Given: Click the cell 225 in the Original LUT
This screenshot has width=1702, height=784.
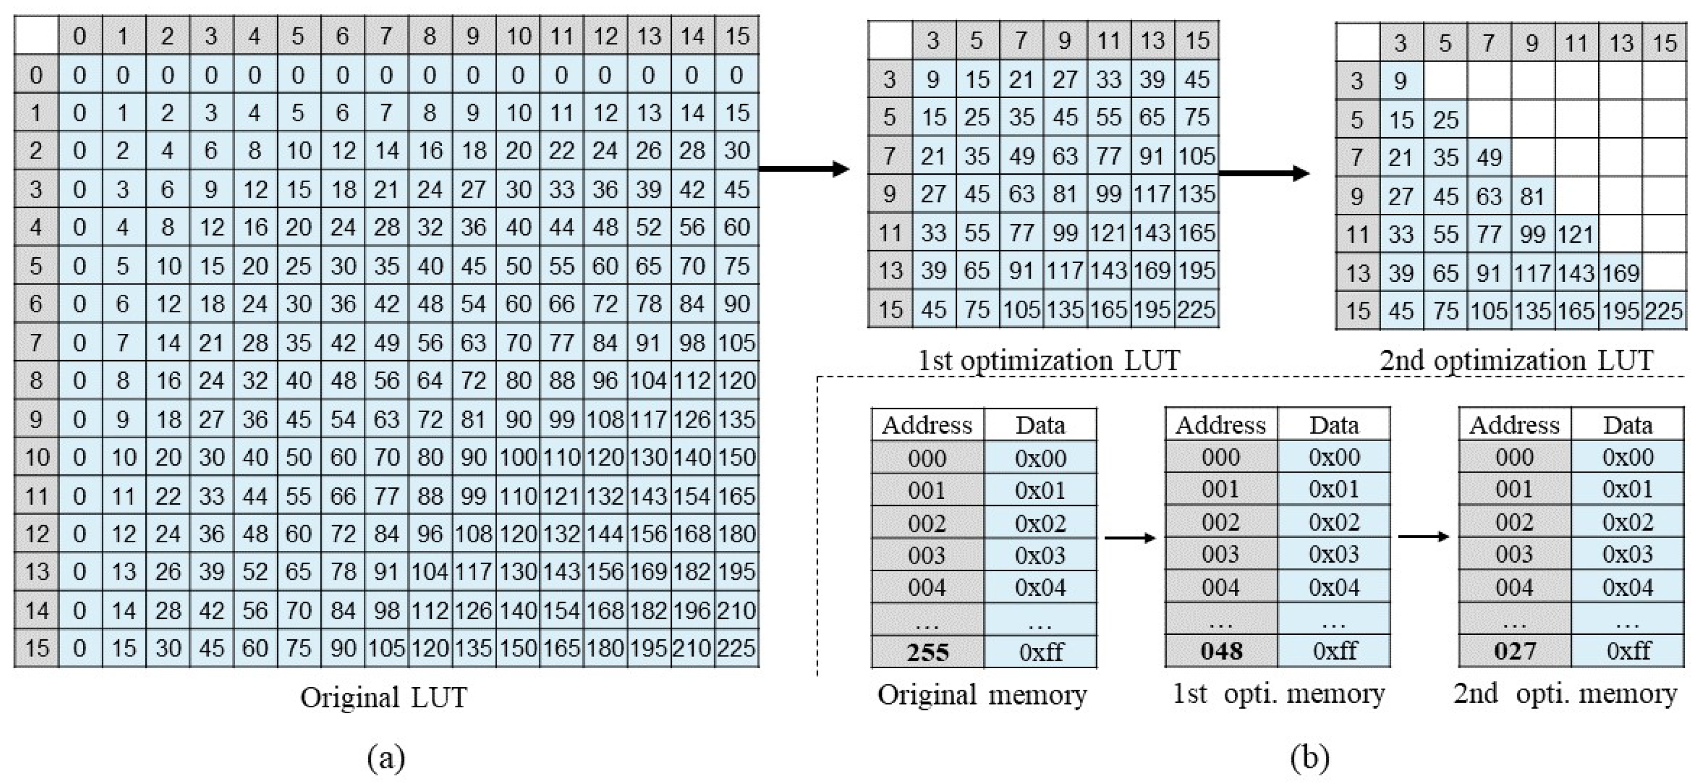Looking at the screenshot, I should tap(736, 648).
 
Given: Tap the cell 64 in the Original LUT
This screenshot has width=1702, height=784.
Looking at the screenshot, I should tap(430, 380).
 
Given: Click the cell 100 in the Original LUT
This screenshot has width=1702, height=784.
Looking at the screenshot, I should tap(518, 457).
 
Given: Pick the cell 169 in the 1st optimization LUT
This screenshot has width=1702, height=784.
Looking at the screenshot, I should tap(1152, 271).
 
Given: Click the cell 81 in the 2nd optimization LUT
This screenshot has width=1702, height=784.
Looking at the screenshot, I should tap(1532, 196).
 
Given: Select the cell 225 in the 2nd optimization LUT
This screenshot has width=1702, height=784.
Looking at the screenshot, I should tap(1663, 311).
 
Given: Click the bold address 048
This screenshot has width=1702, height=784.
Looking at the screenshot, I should tap(1221, 651).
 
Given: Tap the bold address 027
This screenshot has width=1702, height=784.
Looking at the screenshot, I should tap(1514, 651).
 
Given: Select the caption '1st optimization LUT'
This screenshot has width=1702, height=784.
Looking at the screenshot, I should tap(1048, 360).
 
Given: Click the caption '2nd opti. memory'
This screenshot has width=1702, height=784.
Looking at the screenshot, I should tap(1564, 693).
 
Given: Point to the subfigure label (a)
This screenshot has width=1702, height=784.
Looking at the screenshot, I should tap(386, 756).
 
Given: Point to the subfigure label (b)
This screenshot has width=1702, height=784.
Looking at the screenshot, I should tap(1309, 756).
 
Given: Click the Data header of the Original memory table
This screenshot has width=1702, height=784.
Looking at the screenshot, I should tap(1040, 424).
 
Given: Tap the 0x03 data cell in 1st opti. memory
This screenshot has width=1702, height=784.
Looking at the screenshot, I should tap(1333, 554).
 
